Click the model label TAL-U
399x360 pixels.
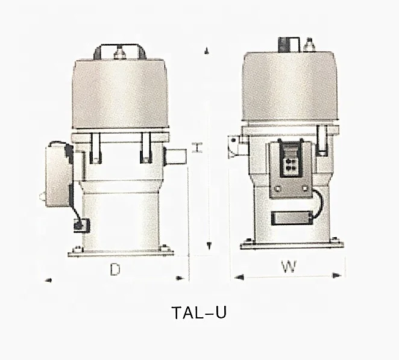tap(199, 313)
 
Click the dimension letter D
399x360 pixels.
tap(114, 270)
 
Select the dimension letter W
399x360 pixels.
tap(289, 267)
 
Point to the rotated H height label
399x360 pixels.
tap(196, 147)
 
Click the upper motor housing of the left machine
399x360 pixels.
tap(119, 95)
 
